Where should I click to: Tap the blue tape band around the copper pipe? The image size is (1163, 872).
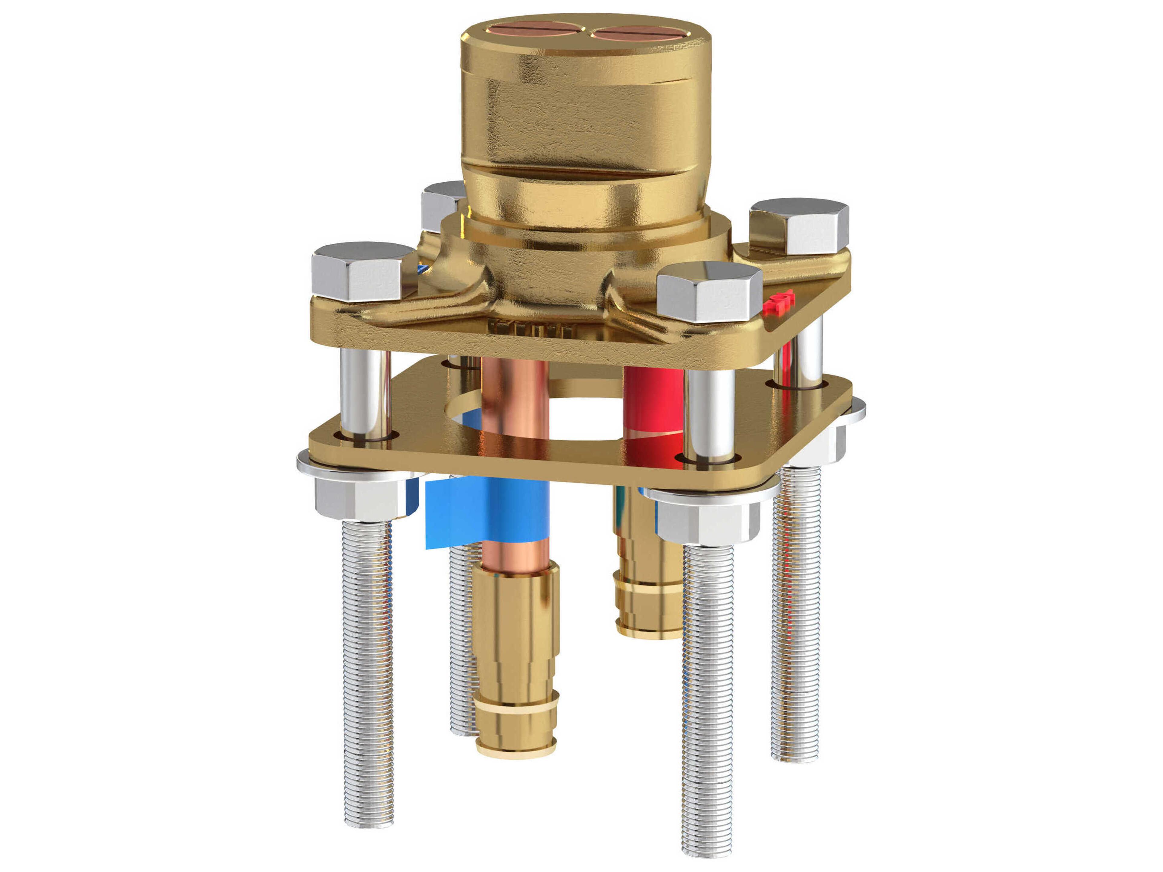[x=486, y=511]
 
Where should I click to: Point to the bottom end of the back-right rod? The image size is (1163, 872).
[x=795, y=756]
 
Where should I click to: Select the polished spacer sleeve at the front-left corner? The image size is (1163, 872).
[x=366, y=394]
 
